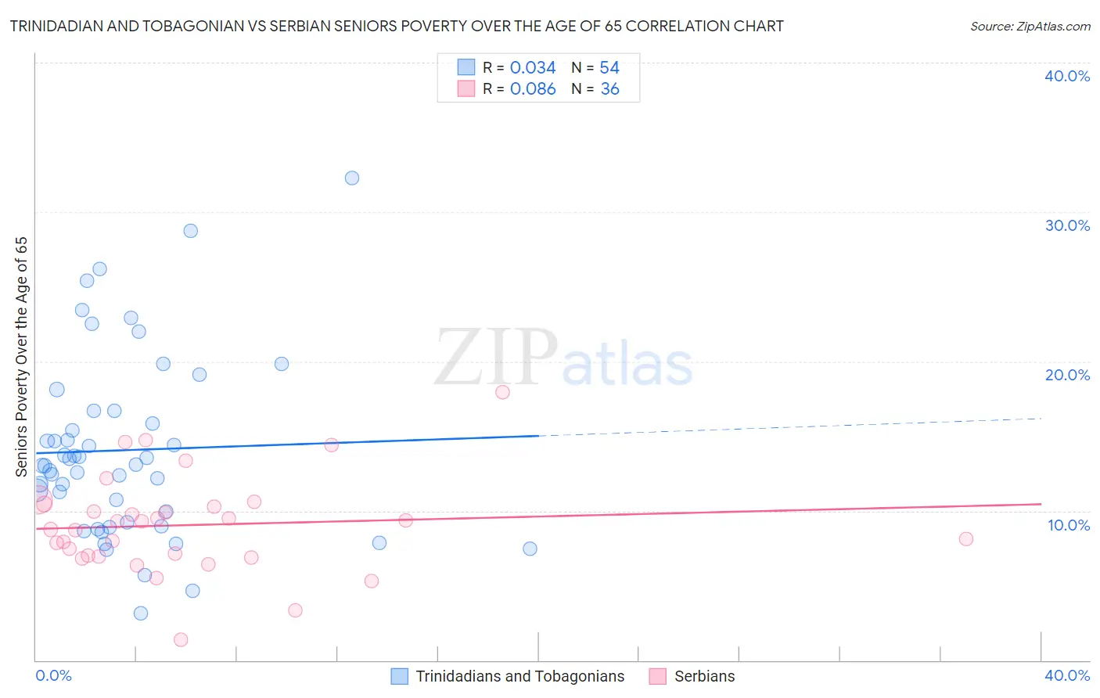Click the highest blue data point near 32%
click(352, 178)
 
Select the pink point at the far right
click(966, 538)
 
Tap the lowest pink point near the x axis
click(181, 639)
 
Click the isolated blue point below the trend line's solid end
click(530, 549)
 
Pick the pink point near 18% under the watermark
click(502, 392)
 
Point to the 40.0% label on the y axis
click(1067, 76)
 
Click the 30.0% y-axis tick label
click(1067, 225)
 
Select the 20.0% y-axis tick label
click(1067, 375)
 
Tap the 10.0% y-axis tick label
click(1069, 525)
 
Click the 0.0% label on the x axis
click(53, 675)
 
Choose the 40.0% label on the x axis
click(1067, 675)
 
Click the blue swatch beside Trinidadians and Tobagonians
click(399, 676)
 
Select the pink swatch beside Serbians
click(658, 676)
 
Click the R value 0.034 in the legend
click(533, 68)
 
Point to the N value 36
click(610, 89)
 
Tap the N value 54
click(609, 68)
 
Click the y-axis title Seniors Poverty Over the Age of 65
click(22, 356)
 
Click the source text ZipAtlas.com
click(1053, 27)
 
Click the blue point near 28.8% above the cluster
click(190, 231)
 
